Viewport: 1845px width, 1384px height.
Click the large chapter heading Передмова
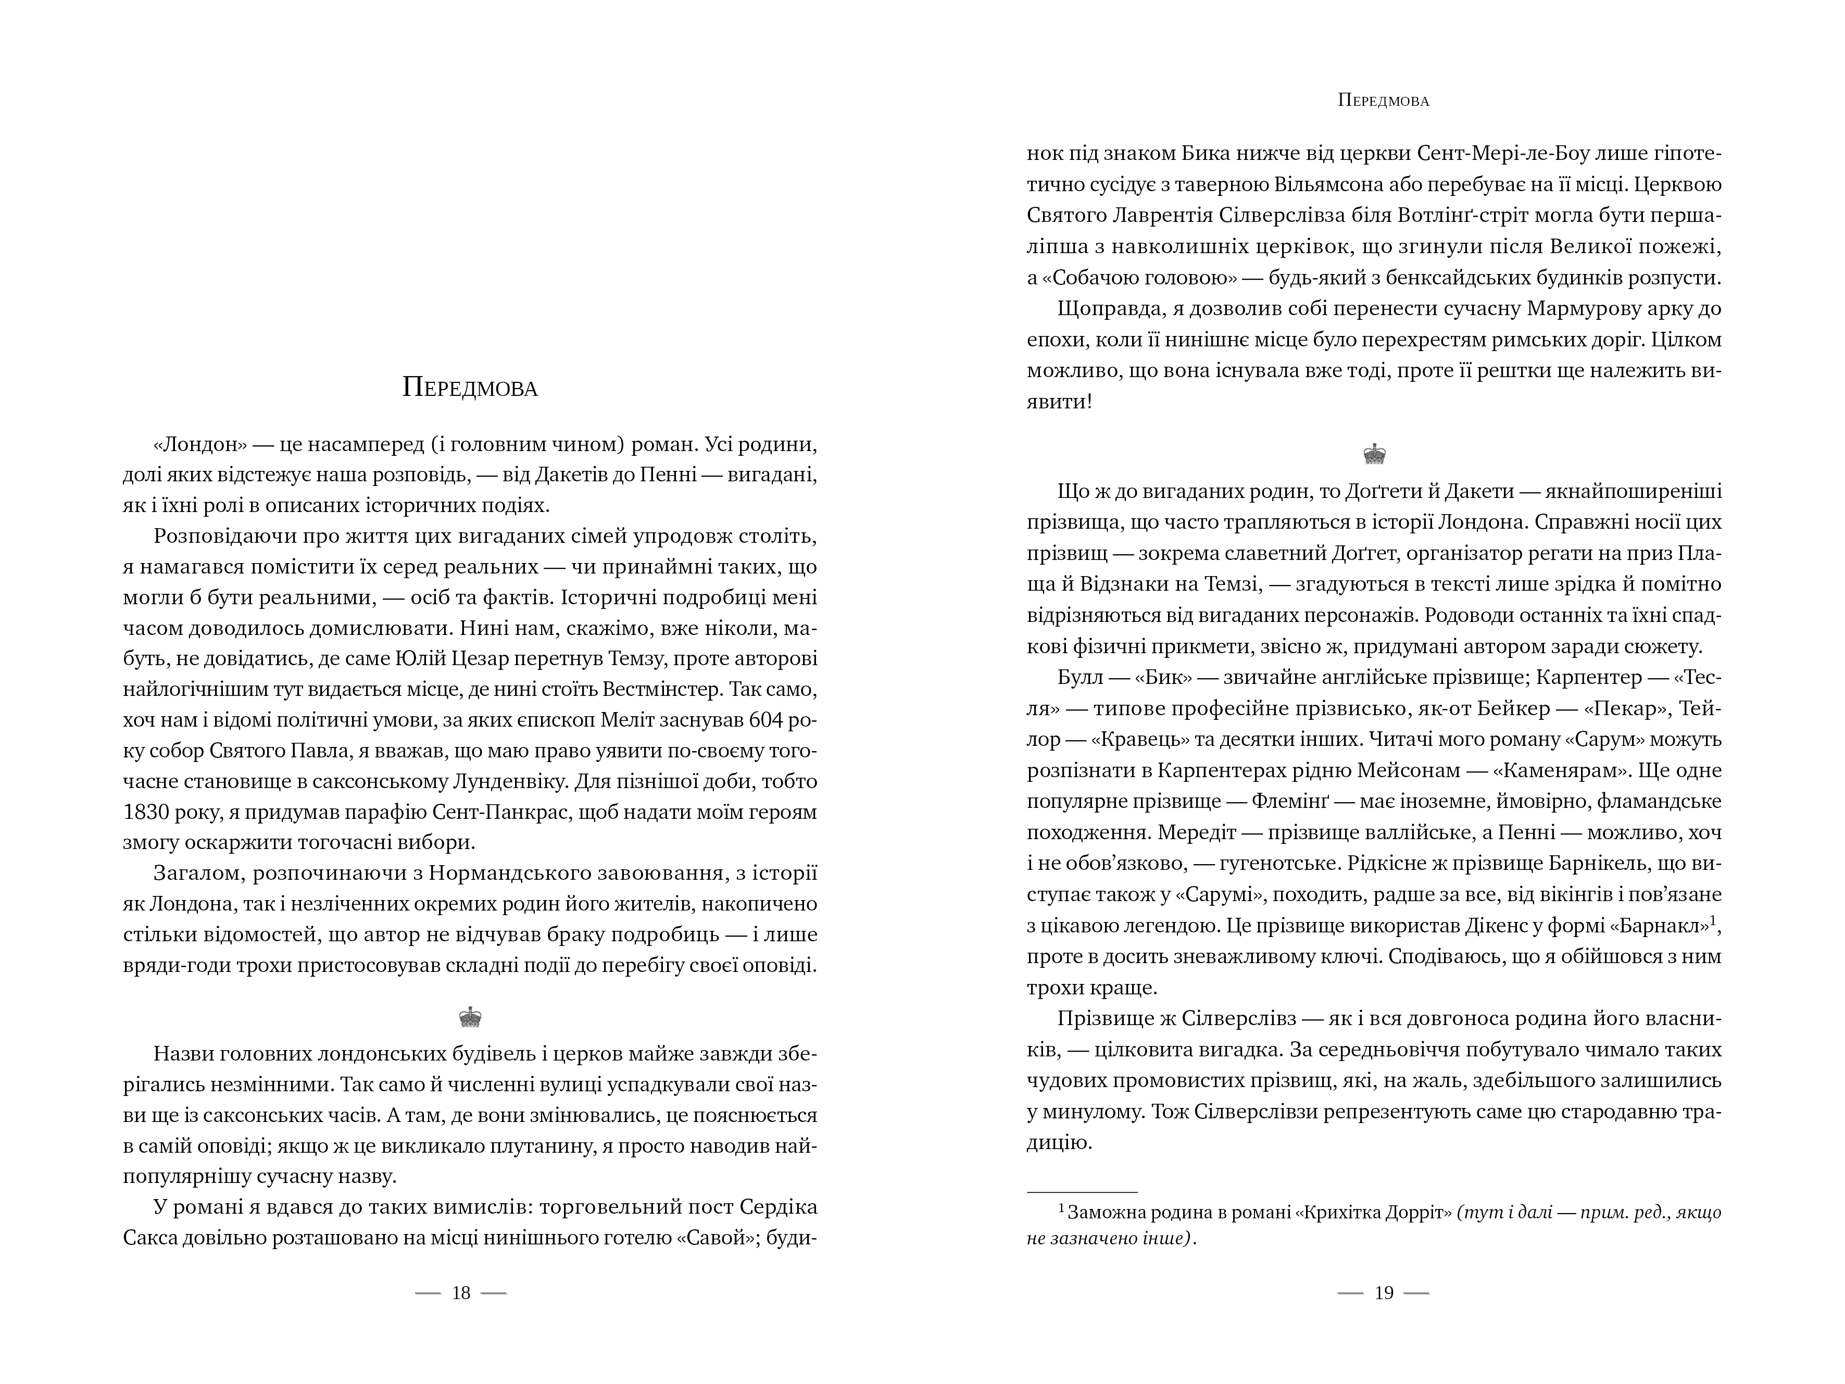pos(470,388)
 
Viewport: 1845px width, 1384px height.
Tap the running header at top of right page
pos(1383,101)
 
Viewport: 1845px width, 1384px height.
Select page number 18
pos(461,1293)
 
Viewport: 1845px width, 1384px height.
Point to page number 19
pos(1384,1293)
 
